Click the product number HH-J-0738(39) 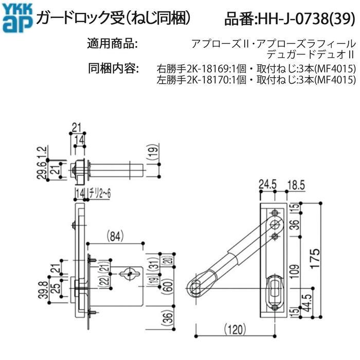click(x=290, y=19)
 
